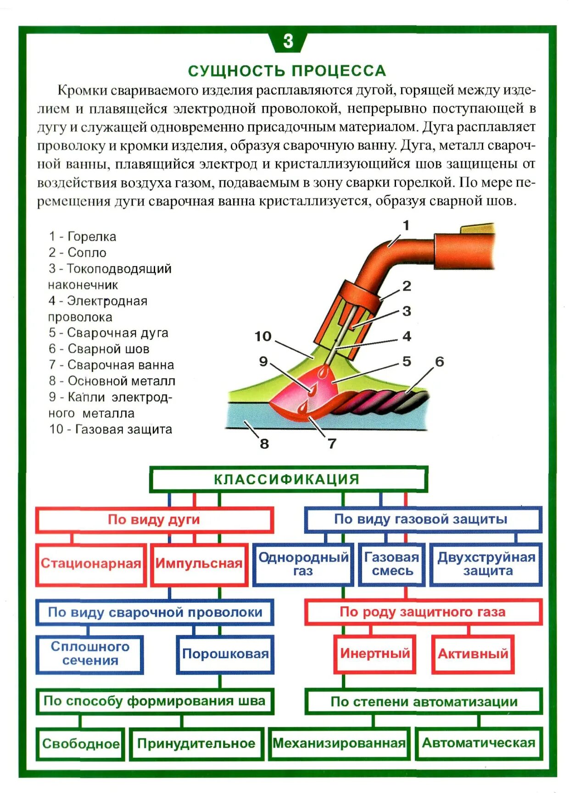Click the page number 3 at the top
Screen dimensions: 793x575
288,41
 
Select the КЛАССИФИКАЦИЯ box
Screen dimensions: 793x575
288,479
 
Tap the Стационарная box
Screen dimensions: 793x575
91,564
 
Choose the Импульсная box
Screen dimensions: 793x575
199,564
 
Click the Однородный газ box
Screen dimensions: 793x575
303,564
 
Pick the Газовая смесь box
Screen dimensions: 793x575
391,564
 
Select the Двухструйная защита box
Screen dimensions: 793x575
486,564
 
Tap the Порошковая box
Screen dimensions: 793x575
225,654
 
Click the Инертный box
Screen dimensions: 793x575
374,654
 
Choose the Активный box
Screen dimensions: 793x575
473,654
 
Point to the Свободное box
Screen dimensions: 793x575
81,743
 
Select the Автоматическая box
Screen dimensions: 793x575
479,743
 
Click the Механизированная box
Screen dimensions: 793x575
339,743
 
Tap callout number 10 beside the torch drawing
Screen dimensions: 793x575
263,337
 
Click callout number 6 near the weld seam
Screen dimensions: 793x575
440,362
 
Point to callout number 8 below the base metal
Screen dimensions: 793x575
264,444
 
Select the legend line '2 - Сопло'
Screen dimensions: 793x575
78,253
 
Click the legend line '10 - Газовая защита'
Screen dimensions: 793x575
111,430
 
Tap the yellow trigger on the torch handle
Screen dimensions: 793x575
477,228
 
